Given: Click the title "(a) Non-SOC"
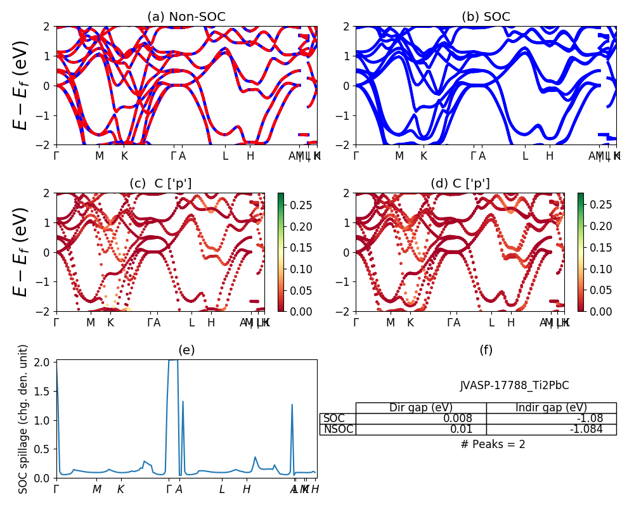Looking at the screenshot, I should coord(186,17).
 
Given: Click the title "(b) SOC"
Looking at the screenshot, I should coord(486,17).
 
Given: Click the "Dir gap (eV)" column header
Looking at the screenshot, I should coord(421,408).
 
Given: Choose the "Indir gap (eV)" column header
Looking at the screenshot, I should coord(551,408).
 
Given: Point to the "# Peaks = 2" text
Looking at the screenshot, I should coord(493,444).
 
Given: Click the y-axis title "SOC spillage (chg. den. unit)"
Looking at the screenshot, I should coord(23,419).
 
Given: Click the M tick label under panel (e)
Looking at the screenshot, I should coord(96,489).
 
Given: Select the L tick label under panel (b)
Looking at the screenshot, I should coord(525,156).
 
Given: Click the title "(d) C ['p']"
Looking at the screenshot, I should coord(460,184).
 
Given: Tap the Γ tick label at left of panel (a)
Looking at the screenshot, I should coord(56,156).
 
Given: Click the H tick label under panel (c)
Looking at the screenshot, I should coord(211,323).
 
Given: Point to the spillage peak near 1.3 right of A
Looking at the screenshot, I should coord(183,402).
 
